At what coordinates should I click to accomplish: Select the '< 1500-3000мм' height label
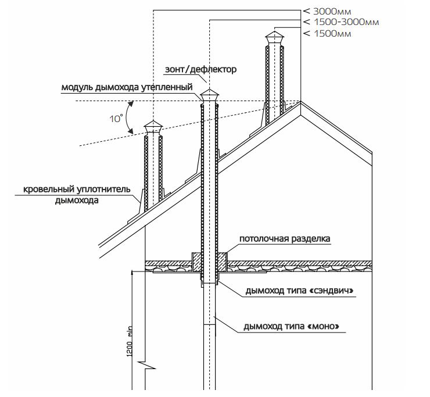(341, 22)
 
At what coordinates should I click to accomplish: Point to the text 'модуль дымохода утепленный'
(127, 88)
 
